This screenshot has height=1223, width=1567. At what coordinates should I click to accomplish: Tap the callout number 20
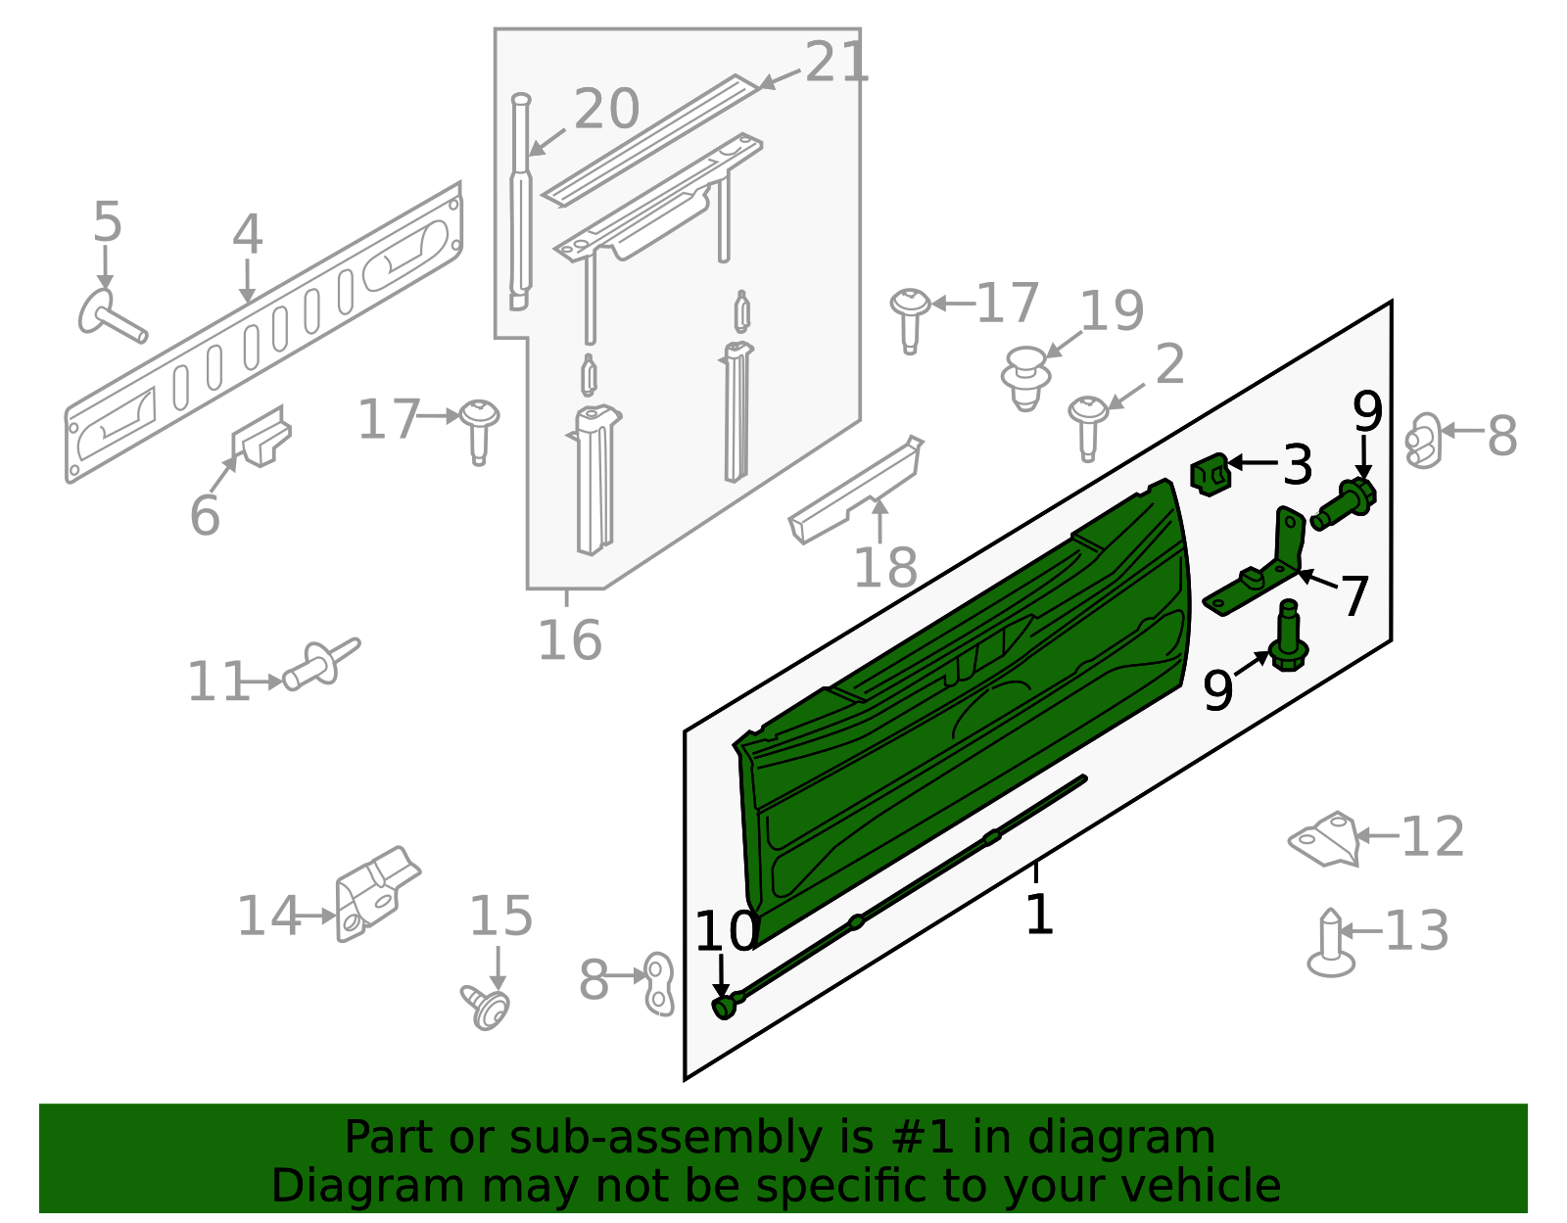pos(606,109)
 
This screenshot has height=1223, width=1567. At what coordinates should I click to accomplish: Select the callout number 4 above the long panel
pos(247,236)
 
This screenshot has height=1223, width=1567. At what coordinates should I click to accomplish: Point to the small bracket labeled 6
pos(261,437)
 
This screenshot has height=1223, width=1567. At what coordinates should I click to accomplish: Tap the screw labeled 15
pos(487,1007)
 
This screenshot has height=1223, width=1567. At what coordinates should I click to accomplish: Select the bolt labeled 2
pos(1087,425)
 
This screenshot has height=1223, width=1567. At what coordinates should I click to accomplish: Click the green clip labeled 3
pos(1211,474)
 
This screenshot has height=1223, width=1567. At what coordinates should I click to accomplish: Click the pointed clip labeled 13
pos(1331,945)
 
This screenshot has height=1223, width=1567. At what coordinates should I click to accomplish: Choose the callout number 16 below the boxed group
pos(570,641)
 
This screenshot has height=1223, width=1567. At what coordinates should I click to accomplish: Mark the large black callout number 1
pos(1038,915)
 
